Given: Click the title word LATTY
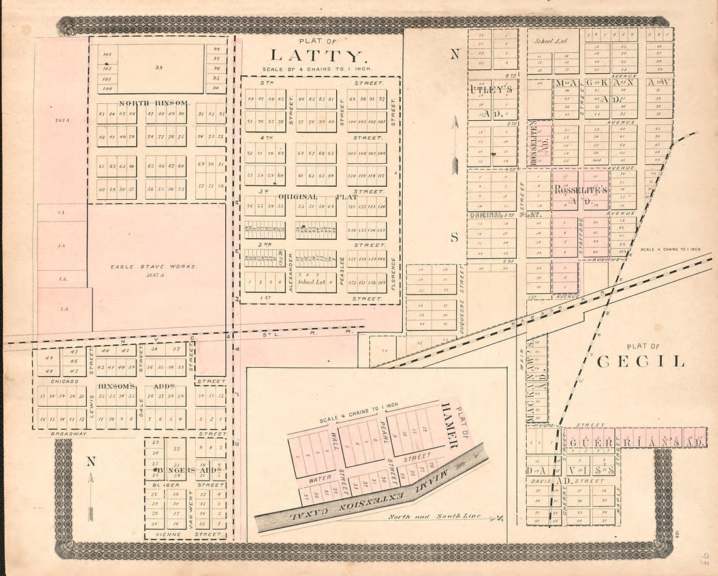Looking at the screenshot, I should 315,56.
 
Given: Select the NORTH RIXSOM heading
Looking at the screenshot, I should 154,103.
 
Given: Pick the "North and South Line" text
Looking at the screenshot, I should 434,516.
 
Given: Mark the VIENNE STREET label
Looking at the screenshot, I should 187,534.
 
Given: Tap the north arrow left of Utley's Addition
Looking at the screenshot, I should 455,147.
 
